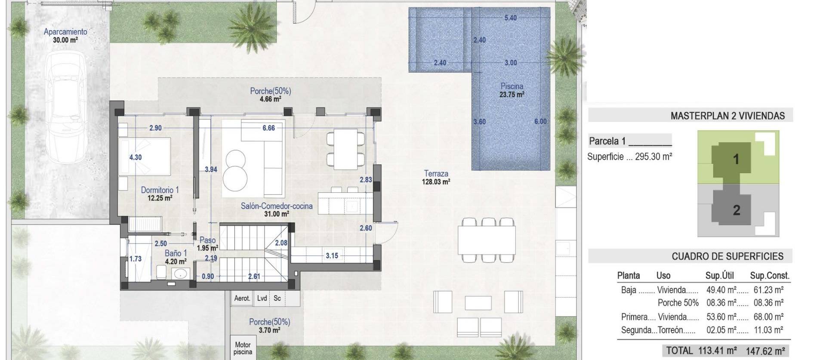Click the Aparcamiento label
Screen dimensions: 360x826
tap(65, 31)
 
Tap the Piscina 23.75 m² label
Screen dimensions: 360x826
tap(512, 90)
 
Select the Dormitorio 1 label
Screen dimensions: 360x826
tap(160, 190)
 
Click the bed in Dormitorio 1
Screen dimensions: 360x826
tap(145, 157)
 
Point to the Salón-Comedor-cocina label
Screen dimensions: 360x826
tap(276, 206)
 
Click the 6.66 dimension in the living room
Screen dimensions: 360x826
tap(268, 128)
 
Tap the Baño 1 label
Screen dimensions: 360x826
tap(176, 253)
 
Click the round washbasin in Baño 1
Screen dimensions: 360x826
tap(180, 273)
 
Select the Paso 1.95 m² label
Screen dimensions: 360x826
tap(208, 244)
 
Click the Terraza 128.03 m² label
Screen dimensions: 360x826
tap(436, 177)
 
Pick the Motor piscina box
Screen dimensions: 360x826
tap(243, 348)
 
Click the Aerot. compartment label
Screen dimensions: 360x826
tap(242, 298)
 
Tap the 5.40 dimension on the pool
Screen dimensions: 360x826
tap(510, 18)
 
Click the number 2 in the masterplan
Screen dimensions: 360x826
tap(737, 210)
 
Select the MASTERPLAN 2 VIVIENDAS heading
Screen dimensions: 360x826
tap(727, 116)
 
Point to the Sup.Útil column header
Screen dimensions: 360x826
tap(719, 276)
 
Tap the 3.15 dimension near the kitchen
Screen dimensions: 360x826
tap(332, 255)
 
